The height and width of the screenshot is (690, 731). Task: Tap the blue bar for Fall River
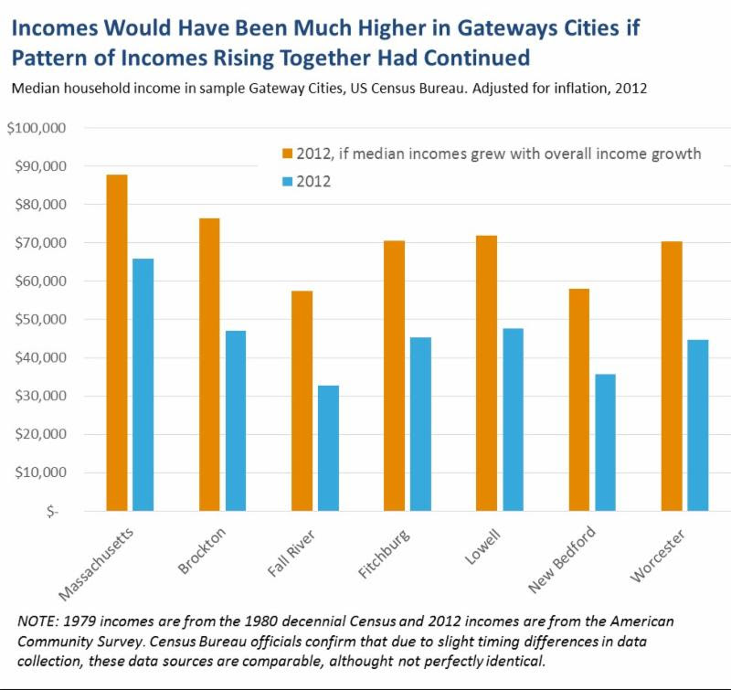pos(328,448)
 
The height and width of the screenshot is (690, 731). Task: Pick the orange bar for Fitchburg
pos(394,375)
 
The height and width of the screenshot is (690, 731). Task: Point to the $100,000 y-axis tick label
pos(37,128)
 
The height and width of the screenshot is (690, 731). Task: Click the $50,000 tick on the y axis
pos(39,320)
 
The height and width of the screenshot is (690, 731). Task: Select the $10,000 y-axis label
pos(39,472)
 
